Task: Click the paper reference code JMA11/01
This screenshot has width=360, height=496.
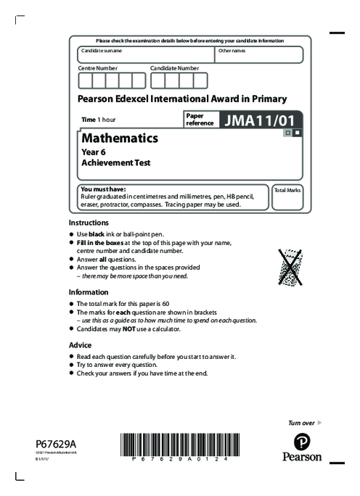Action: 258,120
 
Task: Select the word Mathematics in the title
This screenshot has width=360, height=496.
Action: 120,138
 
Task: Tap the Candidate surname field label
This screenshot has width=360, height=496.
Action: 102,51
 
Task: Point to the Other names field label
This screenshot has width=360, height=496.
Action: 232,51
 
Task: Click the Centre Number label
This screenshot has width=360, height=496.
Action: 97,67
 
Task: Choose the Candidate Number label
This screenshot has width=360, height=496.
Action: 174,67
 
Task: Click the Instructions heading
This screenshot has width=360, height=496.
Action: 89,223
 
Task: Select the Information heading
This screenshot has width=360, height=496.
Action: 89,292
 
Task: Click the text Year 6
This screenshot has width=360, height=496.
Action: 94,152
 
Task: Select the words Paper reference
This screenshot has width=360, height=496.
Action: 200,120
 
